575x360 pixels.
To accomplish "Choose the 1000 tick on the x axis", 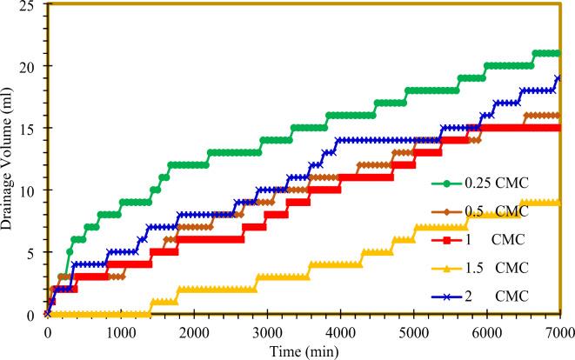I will [120, 331].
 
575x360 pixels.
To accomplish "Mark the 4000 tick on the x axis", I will [340, 331].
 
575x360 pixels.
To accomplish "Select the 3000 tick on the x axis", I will [267, 331].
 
